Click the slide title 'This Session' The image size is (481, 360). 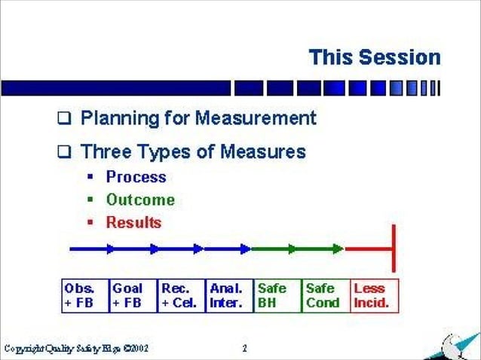(x=374, y=57)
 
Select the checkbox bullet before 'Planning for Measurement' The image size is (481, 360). (x=65, y=119)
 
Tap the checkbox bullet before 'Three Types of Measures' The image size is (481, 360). (x=65, y=153)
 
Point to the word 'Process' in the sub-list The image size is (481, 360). (x=136, y=178)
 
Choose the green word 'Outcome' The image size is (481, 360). (x=140, y=200)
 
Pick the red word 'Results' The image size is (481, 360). (x=133, y=222)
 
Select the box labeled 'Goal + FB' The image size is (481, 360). (x=133, y=296)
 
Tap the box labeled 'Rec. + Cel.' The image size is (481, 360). (x=181, y=296)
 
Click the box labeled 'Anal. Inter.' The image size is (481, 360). (x=229, y=296)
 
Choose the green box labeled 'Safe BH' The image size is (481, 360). (x=277, y=296)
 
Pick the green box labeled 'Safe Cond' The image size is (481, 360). (x=325, y=296)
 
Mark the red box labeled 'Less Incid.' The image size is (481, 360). (x=374, y=296)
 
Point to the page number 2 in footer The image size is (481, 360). (x=244, y=349)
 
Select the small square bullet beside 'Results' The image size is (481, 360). (x=90, y=223)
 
